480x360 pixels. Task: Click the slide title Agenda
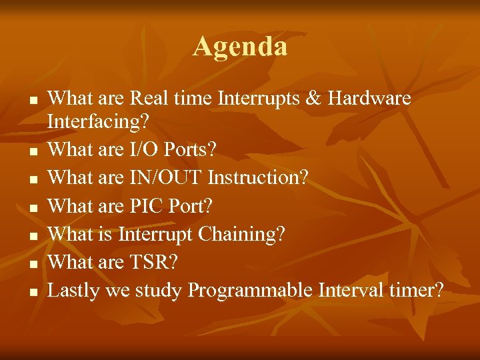point(240,47)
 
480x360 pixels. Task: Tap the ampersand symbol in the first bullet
point(309,99)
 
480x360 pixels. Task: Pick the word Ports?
point(189,150)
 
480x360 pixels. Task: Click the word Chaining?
point(247,234)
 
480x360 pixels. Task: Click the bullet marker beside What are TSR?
point(31,265)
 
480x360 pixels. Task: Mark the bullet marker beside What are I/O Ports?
point(31,153)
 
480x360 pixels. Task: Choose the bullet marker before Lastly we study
point(31,293)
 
